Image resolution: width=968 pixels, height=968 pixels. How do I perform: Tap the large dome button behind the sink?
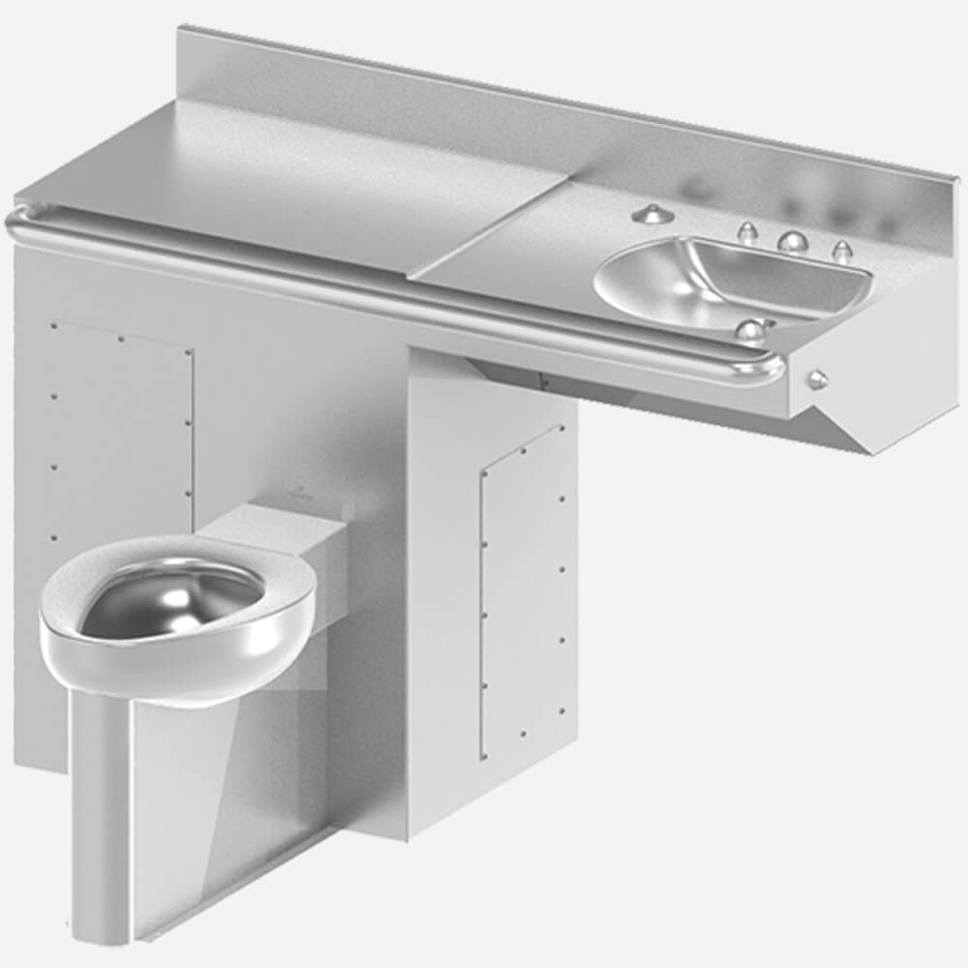click(x=793, y=242)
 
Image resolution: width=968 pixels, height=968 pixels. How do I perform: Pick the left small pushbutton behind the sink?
click(x=746, y=232)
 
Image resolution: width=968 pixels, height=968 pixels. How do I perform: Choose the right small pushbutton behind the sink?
click(x=841, y=250)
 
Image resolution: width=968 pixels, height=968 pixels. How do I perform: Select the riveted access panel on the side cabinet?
click(x=523, y=590)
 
